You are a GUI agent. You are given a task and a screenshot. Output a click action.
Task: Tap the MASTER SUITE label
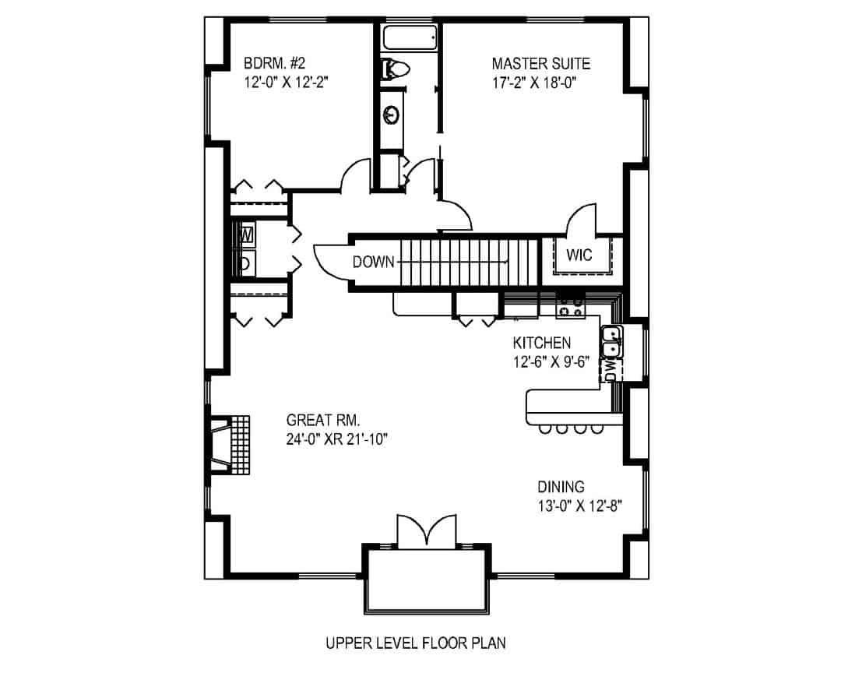point(540,63)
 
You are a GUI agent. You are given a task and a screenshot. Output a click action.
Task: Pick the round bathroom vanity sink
point(392,115)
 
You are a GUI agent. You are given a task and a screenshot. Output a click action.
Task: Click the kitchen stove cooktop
point(570,308)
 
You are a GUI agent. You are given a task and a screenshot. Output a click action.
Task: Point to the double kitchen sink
point(611,341)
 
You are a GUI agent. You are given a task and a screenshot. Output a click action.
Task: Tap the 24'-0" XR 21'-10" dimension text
point(336,439)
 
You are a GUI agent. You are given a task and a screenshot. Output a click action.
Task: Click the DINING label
point(561,487)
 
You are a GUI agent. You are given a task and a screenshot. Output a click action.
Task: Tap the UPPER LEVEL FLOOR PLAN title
point(415,643)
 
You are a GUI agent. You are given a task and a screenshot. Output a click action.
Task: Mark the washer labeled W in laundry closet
point(246,234)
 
